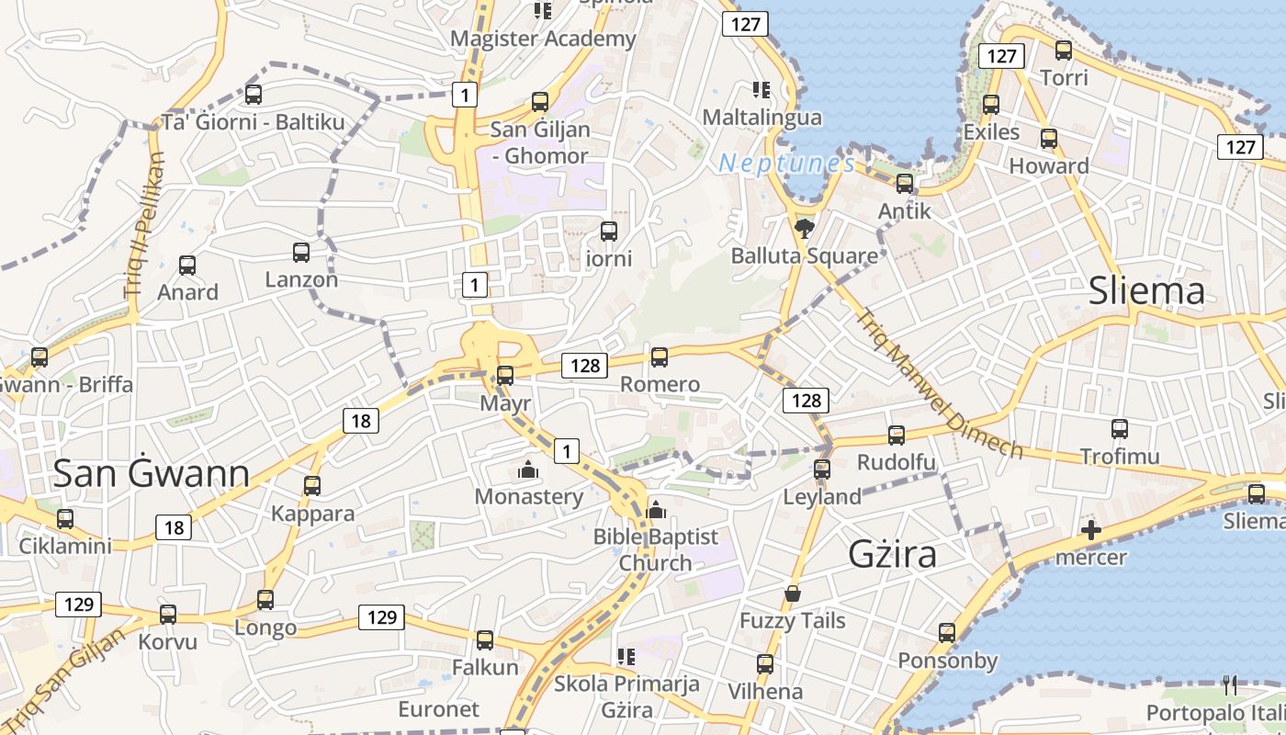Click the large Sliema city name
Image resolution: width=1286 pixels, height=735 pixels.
point(1145,290)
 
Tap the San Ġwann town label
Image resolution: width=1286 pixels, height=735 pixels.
point(151,473)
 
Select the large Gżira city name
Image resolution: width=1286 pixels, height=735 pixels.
point(892,554)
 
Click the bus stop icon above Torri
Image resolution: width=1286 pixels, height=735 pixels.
point(1064,51)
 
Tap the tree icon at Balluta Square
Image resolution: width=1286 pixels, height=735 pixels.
point(805,228)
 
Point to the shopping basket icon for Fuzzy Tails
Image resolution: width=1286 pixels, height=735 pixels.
point(792,594)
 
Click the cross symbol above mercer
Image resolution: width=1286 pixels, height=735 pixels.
point(1091,530)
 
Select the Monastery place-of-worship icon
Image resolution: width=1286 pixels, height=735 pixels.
point(528,470)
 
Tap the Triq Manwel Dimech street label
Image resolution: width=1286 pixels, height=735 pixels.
point(940,384)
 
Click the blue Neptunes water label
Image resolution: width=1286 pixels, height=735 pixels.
point(787,164)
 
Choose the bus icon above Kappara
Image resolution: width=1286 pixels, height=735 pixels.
point(312,485)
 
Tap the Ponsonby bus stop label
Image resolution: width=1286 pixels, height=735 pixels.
point(947,661)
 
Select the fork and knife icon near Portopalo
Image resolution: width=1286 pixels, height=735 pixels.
point(1230,684)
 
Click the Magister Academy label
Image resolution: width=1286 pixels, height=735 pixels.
point(543,39)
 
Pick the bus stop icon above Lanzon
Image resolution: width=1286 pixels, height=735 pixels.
point(301,252)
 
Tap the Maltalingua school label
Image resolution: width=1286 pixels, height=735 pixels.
point(761,118)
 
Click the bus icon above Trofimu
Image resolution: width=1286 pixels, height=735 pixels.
point(1119,428)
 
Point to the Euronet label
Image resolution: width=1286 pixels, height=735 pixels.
point(438,709)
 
